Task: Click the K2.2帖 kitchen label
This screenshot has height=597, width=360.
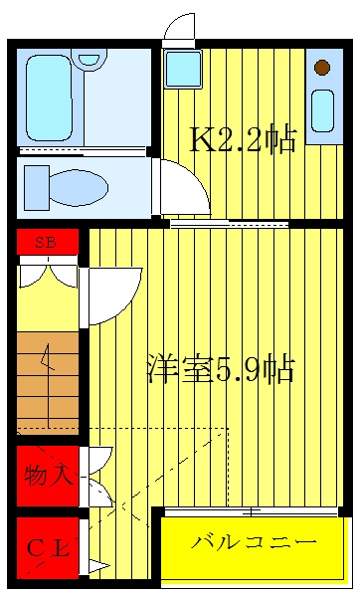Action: [x=243, y=139]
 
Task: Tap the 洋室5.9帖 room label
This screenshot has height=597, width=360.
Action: [x=221, y=368]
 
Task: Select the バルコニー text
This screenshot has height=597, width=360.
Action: [x=254, y=542]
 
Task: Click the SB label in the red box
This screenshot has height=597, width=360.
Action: [x=46, y=242]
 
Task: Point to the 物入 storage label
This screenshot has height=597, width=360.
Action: [x=49, y=475]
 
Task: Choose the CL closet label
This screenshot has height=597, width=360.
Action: [x=49, y=548]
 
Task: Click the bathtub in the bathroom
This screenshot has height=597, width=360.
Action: [x=50, y=99]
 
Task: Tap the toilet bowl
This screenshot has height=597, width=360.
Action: [x=79, y=188]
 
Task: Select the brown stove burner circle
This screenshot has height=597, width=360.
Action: [x=322, y=68]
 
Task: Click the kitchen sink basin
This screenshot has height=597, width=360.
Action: [x=322, y=110]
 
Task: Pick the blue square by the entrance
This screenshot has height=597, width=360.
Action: [x=183, y=69]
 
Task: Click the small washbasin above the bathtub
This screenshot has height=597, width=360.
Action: [x=90, y=60]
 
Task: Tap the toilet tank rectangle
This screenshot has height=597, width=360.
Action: [x=37, y=188]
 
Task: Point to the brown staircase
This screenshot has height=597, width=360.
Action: [x=48, y=383]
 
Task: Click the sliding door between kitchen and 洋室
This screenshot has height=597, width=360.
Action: [x=229, y=224]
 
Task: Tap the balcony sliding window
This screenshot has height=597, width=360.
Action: [x=252, y=511]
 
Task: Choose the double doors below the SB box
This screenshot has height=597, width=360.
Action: [x=49, y=274]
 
